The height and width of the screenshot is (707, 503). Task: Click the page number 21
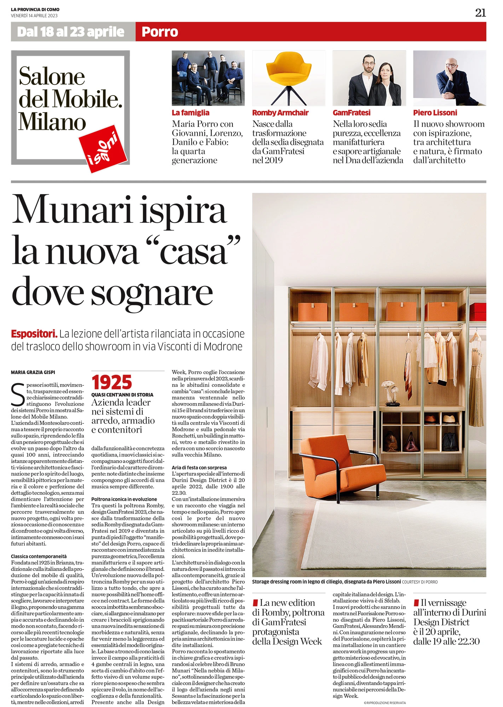point(480,13)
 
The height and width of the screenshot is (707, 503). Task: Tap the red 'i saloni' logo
point(103,149)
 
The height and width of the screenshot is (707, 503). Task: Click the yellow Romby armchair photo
point(288,78)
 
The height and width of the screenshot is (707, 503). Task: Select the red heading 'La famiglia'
point(190,113)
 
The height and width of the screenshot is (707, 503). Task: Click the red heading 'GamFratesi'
point(351,113)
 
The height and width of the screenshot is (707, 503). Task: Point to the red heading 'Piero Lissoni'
point(435,113)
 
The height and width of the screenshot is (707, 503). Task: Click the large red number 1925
point(111,382)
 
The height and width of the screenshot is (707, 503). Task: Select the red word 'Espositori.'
point(34,334)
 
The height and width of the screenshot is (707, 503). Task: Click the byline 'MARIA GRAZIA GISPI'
point(33,372)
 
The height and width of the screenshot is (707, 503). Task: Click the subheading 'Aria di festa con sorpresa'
point(199,467)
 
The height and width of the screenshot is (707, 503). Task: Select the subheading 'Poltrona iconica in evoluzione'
point(124,499)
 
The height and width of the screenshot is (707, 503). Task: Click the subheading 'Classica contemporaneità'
point(39,556)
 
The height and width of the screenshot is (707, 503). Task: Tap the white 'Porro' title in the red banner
point(160,32)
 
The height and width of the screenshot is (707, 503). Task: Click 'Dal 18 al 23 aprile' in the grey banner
point(71,32)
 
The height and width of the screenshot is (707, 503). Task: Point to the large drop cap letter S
point(18,395)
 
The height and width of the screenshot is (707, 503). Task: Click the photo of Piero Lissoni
point(449,78)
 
